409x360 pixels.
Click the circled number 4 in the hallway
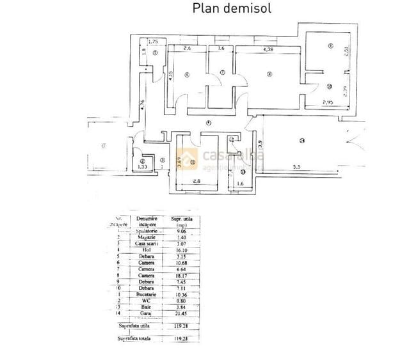click(x=209, y=123)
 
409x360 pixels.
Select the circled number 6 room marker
click(x=186, y=75)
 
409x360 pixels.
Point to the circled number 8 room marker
click(x=269, y=74)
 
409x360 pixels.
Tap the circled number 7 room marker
click(x=222, y=74)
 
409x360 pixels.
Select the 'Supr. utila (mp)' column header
click(x=183, y=222)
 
